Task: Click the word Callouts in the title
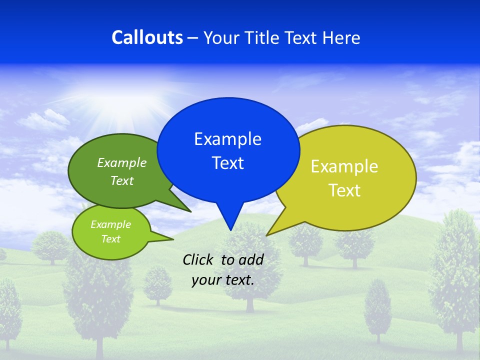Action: pyautogui.click(x=147, y=37)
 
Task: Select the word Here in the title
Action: pyautogui.click(x=340, y=37)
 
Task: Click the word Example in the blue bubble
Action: pyautogui.click(x=227, y=139)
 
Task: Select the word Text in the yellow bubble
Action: pyautogui.click(x=344, y=190)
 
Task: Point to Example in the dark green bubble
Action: pyautogui.click(x=121, y=163)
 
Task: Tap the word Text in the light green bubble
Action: pyautogui.click(x=110, y=239)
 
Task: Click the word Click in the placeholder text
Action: pyautogui.click(x=198, y=259)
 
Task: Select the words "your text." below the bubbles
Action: pyautogui.click(x=222, y=280)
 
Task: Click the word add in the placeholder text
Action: pyautogui.click(x=250, y=259)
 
